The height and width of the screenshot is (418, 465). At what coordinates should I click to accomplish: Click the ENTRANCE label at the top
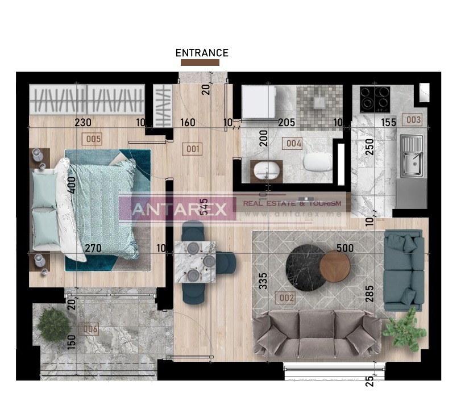click(202, 53)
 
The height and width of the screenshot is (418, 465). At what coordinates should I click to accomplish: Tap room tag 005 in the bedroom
click(92, 139)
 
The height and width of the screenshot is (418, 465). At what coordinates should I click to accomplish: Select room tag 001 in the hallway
click(194, 149)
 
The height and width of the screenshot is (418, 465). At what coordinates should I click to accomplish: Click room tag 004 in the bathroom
click(293, 144)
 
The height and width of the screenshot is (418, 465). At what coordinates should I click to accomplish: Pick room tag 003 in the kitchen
click(412, 120)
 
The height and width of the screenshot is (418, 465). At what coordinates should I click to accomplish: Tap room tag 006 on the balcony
click(90, 329)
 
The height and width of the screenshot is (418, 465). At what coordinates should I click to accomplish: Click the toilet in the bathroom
click(316, 164)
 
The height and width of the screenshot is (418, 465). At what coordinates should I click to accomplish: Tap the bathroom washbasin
click(265, 169)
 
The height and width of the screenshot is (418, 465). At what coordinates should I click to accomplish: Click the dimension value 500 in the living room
click(344, 248)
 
